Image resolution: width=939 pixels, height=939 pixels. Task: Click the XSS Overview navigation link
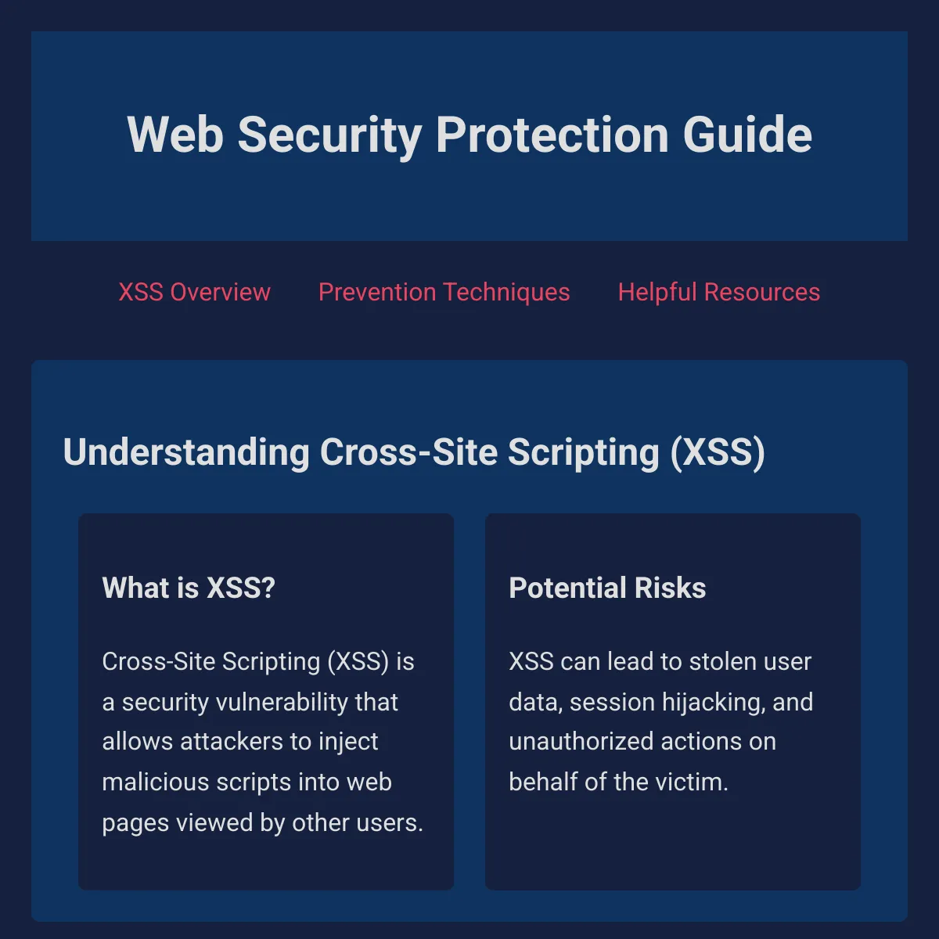194,293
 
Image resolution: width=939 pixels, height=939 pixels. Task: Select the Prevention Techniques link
444,293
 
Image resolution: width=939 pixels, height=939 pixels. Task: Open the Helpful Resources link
719,293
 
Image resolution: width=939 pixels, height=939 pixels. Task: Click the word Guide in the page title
747,135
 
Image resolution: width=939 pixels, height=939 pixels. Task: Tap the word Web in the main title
175,135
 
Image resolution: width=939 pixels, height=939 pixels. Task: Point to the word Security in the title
329,136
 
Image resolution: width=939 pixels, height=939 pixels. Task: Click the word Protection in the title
552,135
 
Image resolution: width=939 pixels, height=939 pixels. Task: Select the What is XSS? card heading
189,588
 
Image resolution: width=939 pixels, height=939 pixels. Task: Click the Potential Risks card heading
607,588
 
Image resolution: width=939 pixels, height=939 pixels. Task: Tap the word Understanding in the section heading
186,453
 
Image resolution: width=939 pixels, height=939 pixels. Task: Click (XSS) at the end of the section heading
718,453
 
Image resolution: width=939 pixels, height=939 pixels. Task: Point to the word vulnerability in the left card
282,703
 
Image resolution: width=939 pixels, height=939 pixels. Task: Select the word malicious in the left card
156,782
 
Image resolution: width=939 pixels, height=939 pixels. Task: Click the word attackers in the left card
232,742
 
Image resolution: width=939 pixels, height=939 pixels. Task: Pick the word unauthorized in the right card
581,742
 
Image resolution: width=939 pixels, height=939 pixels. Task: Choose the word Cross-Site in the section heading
408,452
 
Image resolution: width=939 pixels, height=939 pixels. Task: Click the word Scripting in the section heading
584,454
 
